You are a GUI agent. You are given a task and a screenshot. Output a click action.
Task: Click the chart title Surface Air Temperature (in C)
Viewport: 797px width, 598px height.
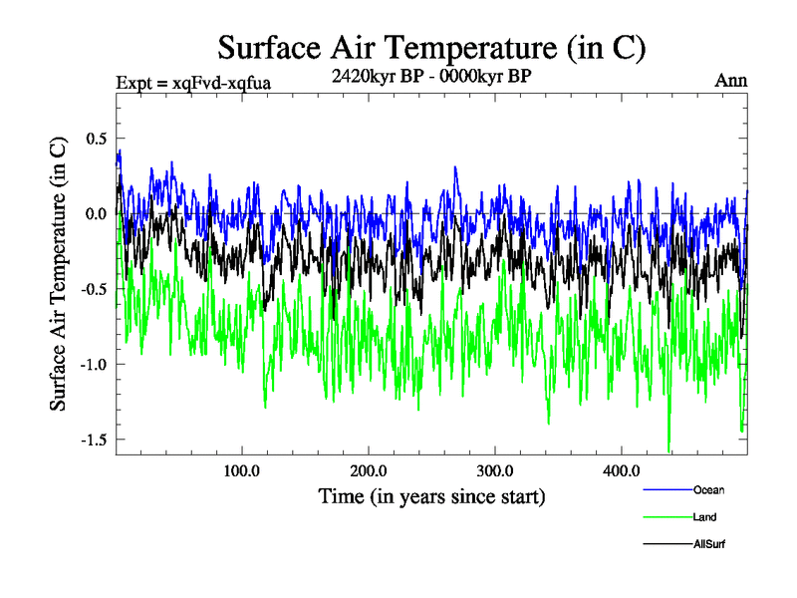pyautogui.click(x=432, y=47)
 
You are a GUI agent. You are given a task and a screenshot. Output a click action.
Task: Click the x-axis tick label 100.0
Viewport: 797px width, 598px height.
pyautogui.click(x=242, y=470)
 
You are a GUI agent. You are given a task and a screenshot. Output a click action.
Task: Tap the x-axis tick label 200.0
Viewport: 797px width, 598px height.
pyautogui.click(x=369, y=470)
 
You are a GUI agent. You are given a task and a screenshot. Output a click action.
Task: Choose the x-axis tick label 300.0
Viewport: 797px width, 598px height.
pyautogui.click(x=495, y=470)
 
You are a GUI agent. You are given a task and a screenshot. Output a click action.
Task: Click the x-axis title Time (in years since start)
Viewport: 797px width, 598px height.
pyautogui.click(x=431, y=495)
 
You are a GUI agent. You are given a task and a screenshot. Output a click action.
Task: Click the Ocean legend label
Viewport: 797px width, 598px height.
pyautogui.click(x=708, y=489)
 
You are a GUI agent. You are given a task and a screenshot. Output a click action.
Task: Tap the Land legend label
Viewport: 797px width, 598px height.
pyautogui.click(x=704, y=517)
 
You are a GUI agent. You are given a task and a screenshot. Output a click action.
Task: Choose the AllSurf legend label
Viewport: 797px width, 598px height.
pyautogui.click(x=709, y=544)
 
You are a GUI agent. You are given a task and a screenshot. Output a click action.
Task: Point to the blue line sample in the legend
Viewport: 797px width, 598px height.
pyautogui.click(x=667, y=489)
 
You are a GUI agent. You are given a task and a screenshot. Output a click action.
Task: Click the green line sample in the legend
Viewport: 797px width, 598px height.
pyautogui.click(x=667, y=517)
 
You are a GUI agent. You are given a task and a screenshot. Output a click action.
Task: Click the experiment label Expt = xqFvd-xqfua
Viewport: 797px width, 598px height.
pyautogui.click(x=193, y=82)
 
